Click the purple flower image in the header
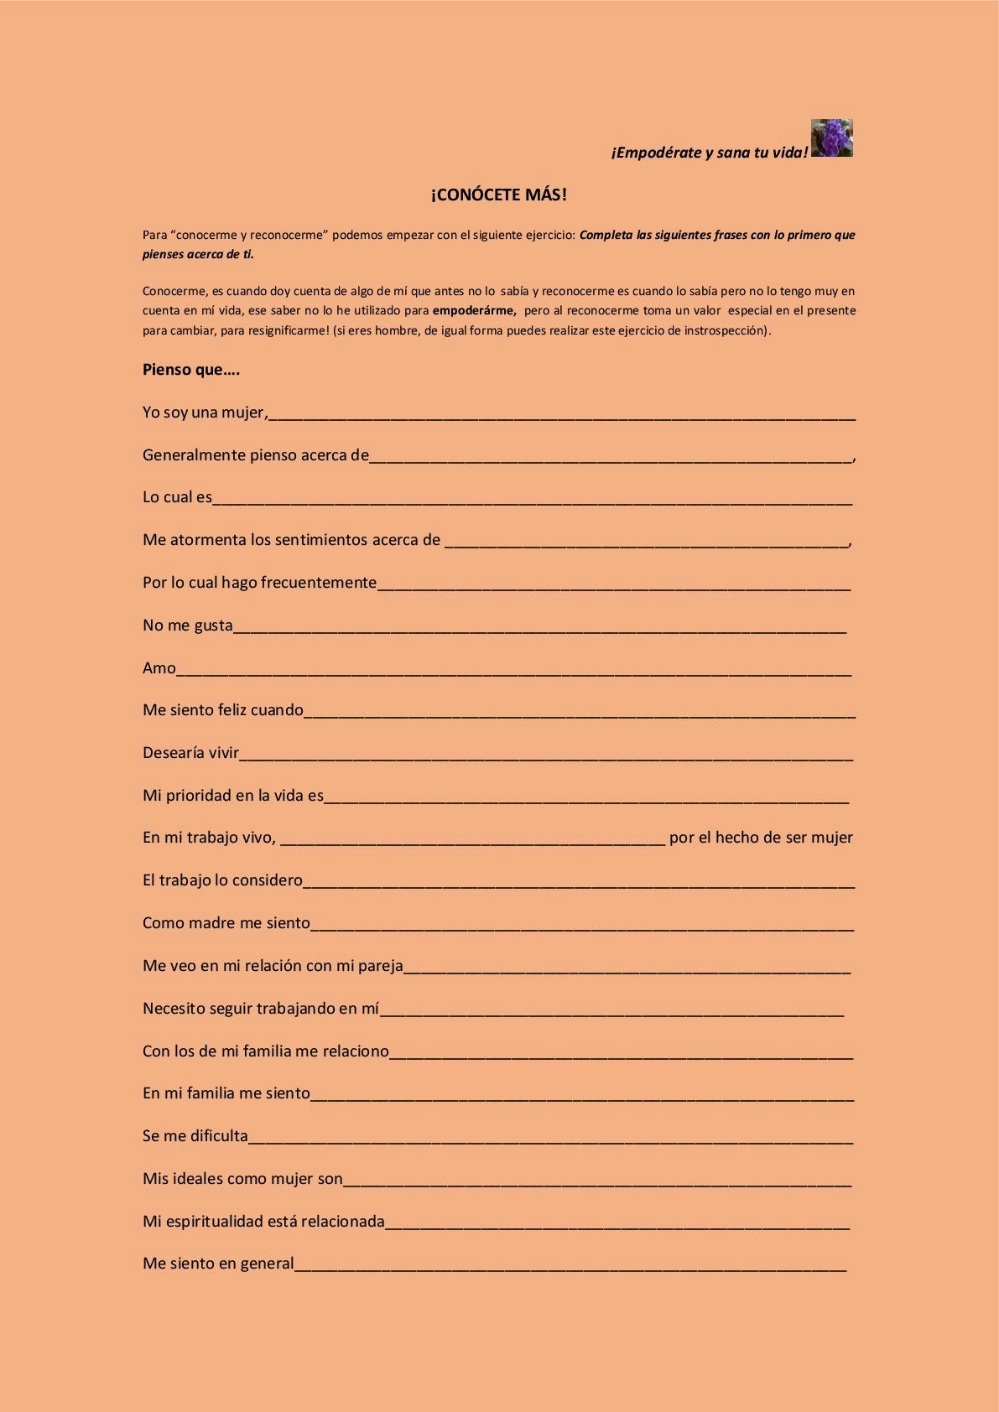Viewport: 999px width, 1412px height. [x=831, y=138]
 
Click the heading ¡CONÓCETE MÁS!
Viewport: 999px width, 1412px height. [x=499, y=195]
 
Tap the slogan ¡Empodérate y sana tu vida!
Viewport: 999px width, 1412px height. [x=710, y=153]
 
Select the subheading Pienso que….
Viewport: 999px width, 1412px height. [x=191, y=370]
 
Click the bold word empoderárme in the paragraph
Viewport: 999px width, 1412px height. [x=474, y=310]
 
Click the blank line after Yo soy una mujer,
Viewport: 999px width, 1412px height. [x=562, y=414]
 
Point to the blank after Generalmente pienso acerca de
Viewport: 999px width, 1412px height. [x=611, y=457]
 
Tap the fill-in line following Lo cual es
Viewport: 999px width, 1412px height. [x=533, y=500]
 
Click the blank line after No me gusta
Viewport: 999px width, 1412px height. [x=539, y=627]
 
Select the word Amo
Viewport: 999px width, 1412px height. [x=159, y=668]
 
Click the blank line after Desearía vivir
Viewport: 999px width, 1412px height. [x=546, y=755]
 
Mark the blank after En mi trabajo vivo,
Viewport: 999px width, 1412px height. [x=472, y=839]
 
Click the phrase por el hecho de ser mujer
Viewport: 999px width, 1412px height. [x=761, y=838]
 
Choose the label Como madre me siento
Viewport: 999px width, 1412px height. [x=226, y=923]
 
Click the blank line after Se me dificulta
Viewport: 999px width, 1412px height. [x=550, y=1138]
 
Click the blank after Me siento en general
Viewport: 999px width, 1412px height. [x=570, y=1266]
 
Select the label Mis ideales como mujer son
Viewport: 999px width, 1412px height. [x=242, y=1179]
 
